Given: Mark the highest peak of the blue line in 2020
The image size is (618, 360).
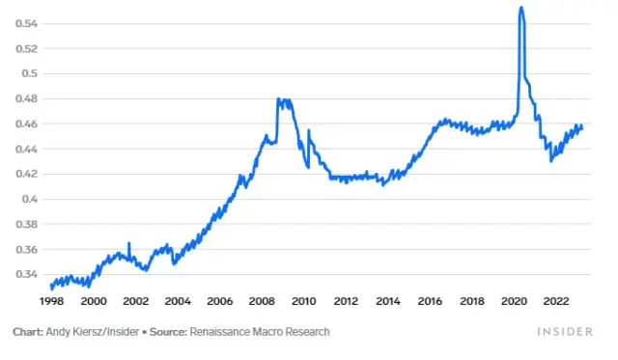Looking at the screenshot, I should click(x=521, y=8).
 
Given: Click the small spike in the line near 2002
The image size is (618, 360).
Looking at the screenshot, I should click(x=128, y=243).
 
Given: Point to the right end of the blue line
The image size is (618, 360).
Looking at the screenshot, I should click(x=582, y=127).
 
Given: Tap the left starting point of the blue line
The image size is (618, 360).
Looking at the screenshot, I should click(x=51, y=286).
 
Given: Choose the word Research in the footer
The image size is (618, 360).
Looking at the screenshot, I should click(x=306, y=332).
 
